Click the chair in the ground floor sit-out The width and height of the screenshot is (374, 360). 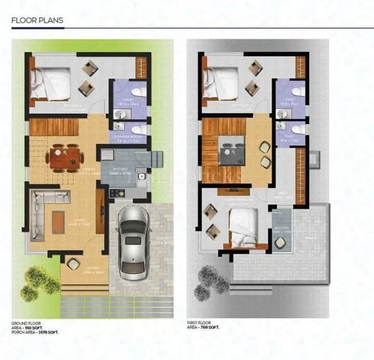pyautogui.click(x=73, y=263)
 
